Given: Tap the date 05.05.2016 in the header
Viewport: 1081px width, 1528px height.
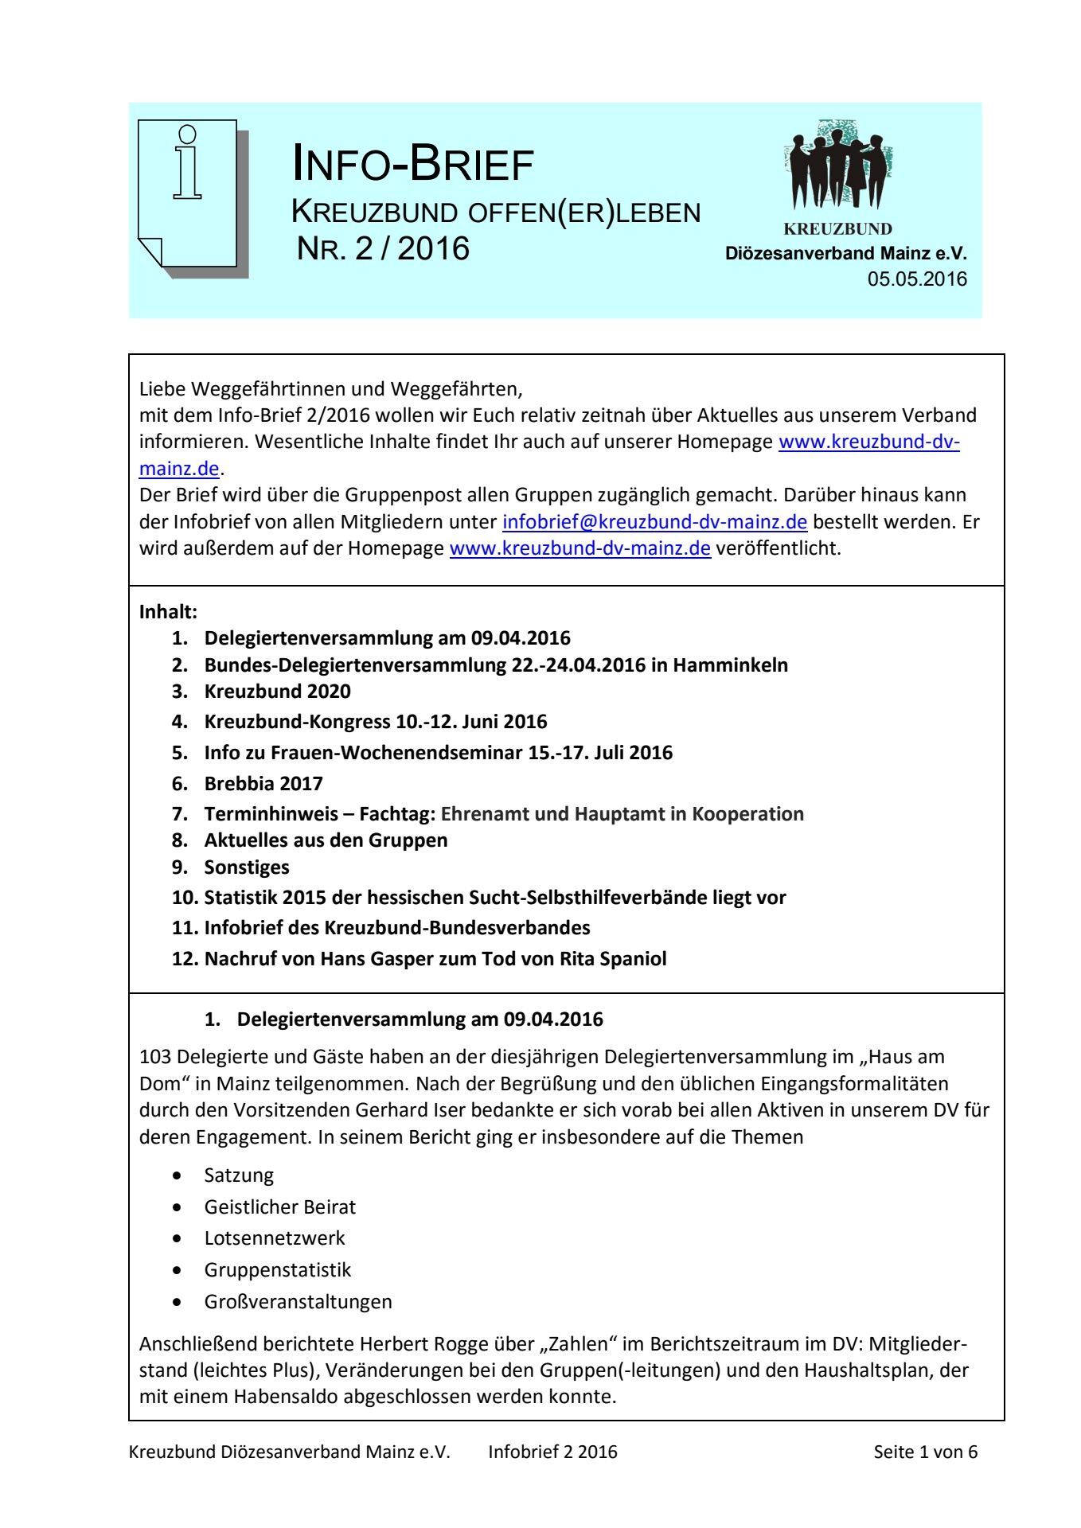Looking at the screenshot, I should pos(917,279).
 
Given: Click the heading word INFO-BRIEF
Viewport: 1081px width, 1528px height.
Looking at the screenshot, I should pos(412,164).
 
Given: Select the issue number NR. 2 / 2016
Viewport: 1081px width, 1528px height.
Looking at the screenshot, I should pos(383,249).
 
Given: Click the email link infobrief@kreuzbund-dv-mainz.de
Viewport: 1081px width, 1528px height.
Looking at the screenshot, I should pos(654,522).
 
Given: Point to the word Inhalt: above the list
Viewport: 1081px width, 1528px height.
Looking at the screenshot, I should pos(168,612).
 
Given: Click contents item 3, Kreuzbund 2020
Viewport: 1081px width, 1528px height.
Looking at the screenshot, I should pos(277,692).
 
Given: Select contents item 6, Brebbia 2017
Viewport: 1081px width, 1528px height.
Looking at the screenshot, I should pos(263,784).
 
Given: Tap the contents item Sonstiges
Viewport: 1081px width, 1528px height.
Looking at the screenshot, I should pos(247,867).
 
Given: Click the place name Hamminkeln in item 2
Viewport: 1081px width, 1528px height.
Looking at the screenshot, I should pos(730,665).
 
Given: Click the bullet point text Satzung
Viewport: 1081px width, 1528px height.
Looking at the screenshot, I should pos(239,1175).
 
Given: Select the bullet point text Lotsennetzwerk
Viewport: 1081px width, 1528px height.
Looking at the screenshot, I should pos(275,1238).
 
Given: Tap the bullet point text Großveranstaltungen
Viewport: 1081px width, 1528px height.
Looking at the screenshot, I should pos(298,1302).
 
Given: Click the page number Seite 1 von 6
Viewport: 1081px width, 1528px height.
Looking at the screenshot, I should pos(925,1452).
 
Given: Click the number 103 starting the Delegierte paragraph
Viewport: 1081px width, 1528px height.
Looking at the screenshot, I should pos(155,1057).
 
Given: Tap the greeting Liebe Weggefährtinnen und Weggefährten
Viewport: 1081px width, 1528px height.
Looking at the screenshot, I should pos(330,389).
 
